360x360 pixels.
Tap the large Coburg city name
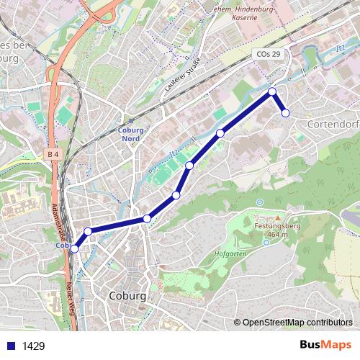pyautogui.click(x=128, y=296)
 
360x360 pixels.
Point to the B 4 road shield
pyautogui.click(x=52, y=154)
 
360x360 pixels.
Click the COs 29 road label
pyautogui.click(x=268, y=55)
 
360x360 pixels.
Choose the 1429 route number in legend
pyautogui.click(x=33, y=346)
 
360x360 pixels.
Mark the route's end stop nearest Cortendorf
pyautogui.click(x=285, y=112)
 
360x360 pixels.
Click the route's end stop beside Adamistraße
pyautogui.click(x=74, y=248)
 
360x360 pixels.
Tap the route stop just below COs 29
pyautogui.click(x=272, y=91)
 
